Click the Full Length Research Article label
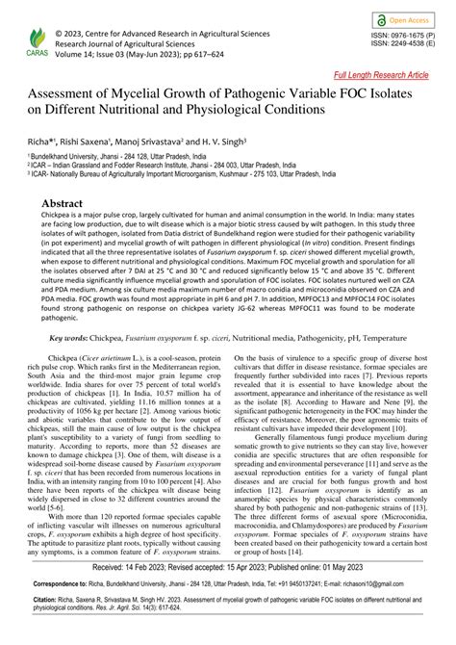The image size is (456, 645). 382,74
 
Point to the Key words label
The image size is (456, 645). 68,339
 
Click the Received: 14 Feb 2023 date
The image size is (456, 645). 135,569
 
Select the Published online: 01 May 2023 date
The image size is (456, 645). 317,569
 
